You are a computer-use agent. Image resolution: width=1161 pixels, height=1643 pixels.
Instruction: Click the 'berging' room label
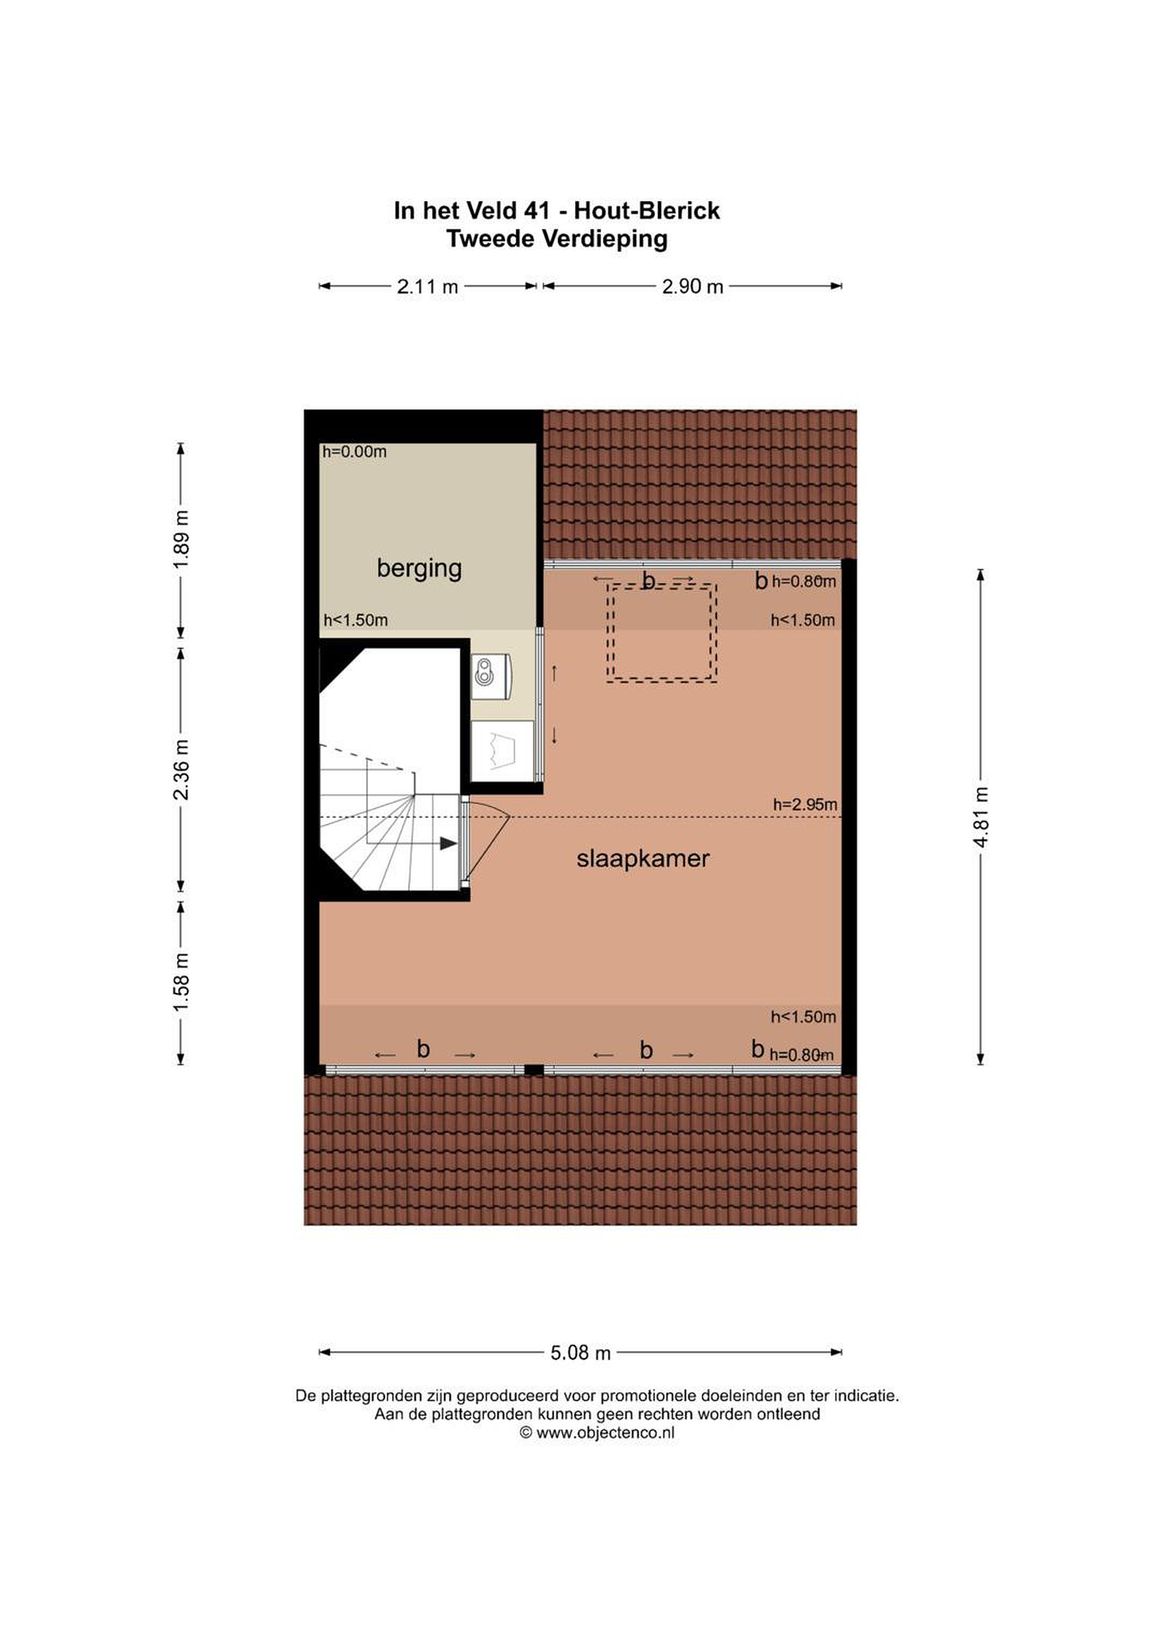pyautogui.click(x=419, y=569)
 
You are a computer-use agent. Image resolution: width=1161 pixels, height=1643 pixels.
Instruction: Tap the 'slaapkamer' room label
pyautogui.click(x=643, y=859)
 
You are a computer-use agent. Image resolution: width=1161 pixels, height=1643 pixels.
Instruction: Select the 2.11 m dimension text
pyautogui.click(x=428, y=287)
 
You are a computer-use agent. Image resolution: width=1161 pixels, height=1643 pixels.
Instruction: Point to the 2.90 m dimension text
pyautogui.click(x=692, y=287)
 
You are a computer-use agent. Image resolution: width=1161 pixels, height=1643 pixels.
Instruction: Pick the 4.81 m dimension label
pyautogui.click(x=981, y=817)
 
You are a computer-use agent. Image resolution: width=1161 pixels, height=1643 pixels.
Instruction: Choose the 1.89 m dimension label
pyautogui.click(x=181, y=540)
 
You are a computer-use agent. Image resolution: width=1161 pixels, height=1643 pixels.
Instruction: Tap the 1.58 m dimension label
pyautogui.click(x=181, y=982)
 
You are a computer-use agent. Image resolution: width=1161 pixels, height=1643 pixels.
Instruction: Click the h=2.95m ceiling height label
pyautogui.click(x=805, y=804)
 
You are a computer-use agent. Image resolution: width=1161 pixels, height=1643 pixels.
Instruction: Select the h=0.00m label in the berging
pyautogui.click(x=354, y=451)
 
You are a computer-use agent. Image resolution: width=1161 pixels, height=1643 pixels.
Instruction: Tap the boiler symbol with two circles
pyautogui.click(x=486, y=672)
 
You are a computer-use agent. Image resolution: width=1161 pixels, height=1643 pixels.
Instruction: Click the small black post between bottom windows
pyautogui.click(x=534, y=1070)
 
